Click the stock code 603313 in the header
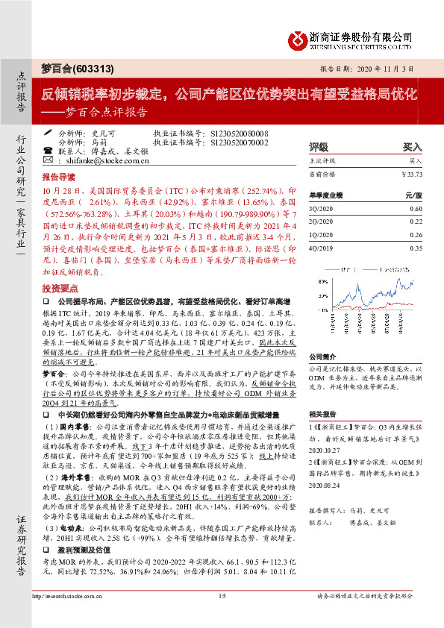(95, 69)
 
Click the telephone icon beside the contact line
(49, 150)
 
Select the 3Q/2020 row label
(319, 208)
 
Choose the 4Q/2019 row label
(319, 248)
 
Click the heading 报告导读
(59, 178)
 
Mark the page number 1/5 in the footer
(222, 616)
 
